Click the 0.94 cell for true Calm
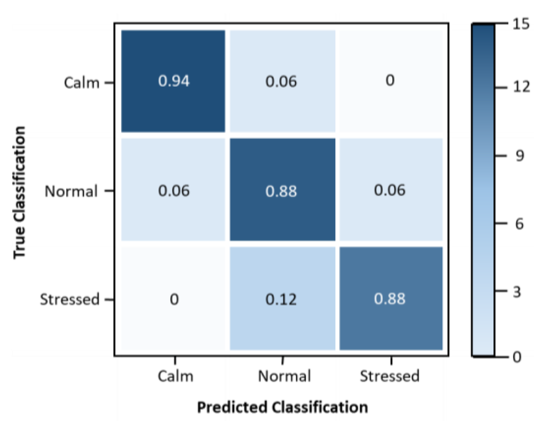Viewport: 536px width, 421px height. (173, 81)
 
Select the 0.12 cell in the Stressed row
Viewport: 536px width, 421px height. (281, 299)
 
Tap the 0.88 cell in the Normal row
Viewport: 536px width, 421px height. (281, 191)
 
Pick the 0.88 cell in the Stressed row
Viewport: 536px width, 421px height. (390, 299)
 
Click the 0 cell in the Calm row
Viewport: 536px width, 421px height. (390, 81)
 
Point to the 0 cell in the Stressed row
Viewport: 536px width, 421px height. (174, 299)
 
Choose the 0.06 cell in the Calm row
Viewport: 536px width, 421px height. (281, 81)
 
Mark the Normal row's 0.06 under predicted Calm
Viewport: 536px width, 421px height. (174, 191)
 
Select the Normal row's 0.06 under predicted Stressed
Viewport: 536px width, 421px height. (390, 190)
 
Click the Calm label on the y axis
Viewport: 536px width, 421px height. (81, 82)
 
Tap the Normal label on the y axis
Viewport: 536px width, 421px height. (71, 191)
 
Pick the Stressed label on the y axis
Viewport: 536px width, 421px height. (69, 299)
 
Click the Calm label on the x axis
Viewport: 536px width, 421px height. (175, 376)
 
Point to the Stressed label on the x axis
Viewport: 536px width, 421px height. (389, 376)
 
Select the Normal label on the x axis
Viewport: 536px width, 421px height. (284, 376)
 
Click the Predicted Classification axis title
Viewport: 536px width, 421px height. (282, 407)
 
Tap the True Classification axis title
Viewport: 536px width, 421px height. (19, 192)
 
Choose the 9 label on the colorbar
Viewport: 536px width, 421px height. (520, 156)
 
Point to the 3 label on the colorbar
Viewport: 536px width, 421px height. (517, 291)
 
